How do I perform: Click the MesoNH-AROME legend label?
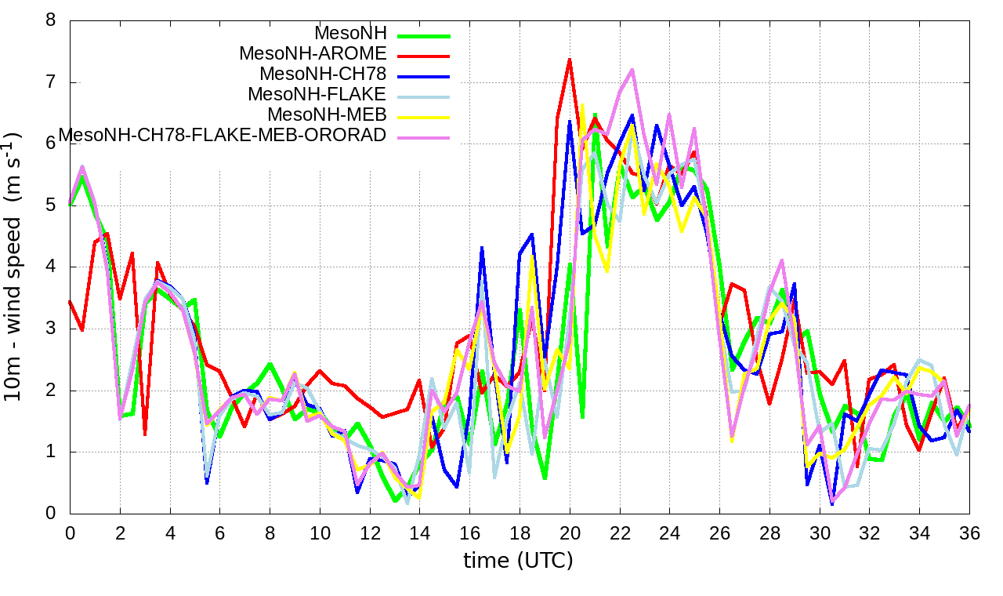coord(313,54)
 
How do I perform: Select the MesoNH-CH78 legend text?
coord(323,74)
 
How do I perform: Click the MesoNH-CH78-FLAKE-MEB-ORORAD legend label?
coord(223,135)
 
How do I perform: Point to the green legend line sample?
coord(424,35)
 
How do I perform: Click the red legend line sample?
coord(424,56)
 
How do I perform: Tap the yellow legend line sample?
coord(424,117)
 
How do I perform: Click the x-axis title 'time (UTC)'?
coord(518,561)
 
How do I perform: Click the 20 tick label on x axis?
coord(570,534)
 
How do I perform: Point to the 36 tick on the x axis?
coord(970,534)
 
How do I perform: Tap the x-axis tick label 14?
coord(419,534)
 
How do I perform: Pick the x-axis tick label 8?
coord(270,534)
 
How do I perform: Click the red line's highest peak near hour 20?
coord(570,59)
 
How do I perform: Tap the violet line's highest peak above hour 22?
coord(632,70)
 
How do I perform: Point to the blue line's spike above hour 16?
coord(482,248)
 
